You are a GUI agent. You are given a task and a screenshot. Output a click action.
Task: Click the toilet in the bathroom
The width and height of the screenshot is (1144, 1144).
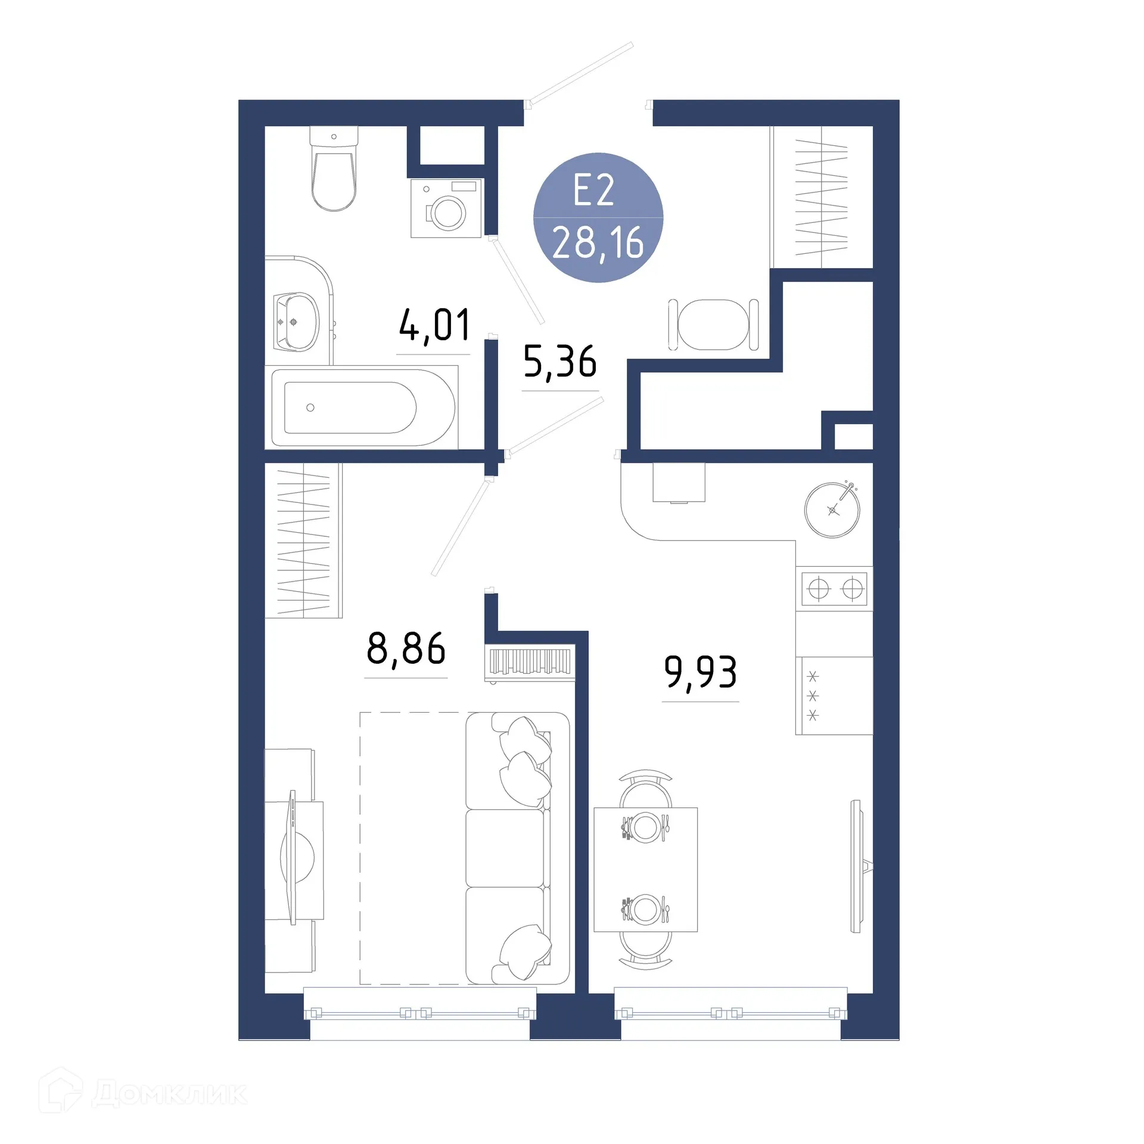point(334,173)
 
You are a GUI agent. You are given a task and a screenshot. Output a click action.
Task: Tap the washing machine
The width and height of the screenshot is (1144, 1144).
point(446,209)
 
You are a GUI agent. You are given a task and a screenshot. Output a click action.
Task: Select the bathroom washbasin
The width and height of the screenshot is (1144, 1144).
point(296,322)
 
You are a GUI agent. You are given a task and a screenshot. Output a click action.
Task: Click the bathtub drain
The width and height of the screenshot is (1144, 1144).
point(310,408)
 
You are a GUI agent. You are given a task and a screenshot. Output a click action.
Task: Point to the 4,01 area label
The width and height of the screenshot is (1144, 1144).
point(434,325)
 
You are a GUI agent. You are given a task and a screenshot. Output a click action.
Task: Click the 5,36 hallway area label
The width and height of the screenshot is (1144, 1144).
point(559,362)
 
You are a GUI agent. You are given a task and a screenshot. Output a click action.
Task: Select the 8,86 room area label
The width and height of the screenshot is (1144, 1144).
point(406,649)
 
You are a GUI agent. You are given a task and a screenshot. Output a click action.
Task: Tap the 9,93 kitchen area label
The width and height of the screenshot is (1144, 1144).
point(700,672)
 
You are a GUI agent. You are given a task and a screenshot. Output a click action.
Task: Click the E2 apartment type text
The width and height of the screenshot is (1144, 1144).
point(593,191)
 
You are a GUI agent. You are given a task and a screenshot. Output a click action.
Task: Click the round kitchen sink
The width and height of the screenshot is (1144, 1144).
point(832,510)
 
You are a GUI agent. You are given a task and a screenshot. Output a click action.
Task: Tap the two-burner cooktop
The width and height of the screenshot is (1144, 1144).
point(834,589)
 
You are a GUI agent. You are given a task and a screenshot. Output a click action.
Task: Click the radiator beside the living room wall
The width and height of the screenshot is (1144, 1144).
point(529,661)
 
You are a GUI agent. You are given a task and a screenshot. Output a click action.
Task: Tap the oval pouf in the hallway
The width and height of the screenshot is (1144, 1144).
point(713,325)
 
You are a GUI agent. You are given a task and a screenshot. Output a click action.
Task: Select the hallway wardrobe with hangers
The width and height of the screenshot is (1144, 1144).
point(821,197)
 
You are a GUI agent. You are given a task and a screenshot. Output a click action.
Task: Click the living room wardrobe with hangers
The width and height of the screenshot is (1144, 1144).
point(303,540)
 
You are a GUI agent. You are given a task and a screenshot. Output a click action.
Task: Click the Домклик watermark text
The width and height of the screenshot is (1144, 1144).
point(169,1094)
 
